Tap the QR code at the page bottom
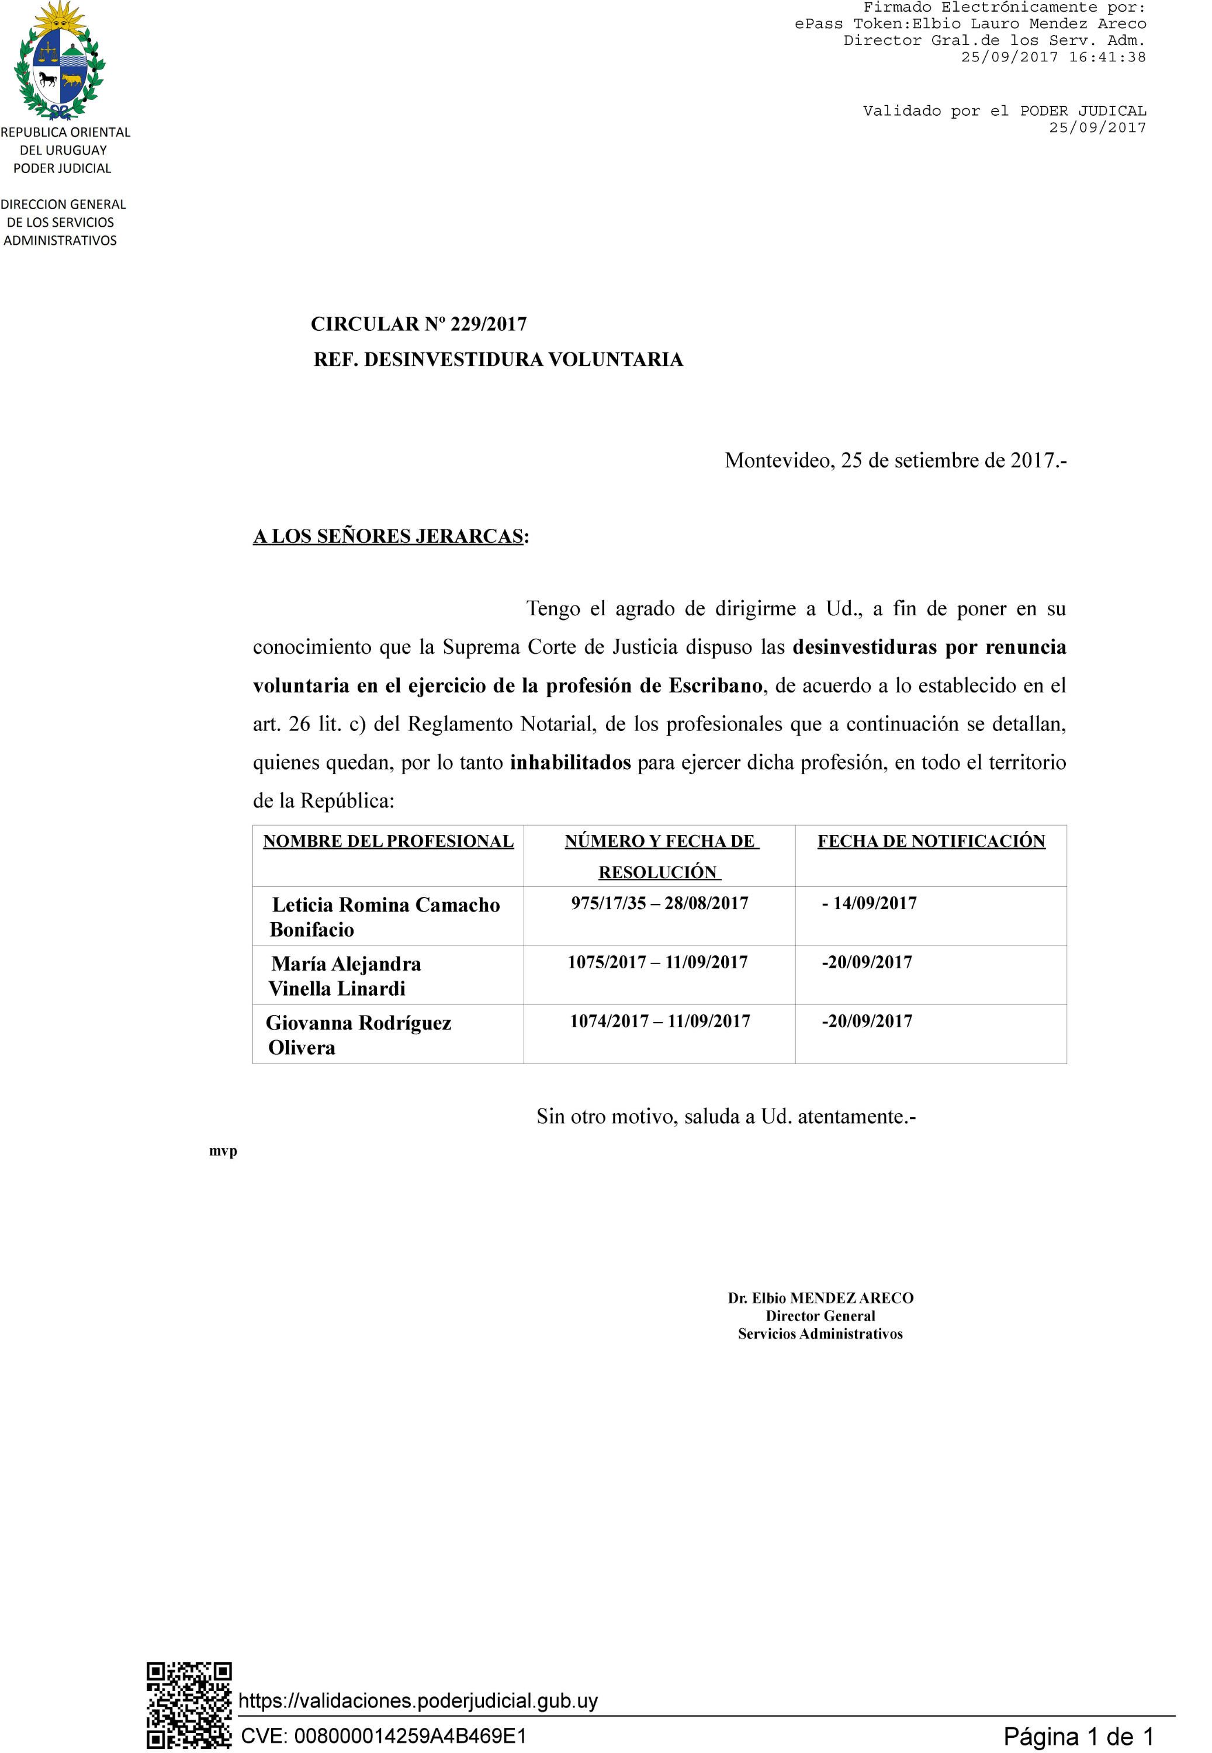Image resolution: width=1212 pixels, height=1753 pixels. click(x=189, y=1705)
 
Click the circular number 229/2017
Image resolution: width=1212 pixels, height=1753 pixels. click(x=418, y=324)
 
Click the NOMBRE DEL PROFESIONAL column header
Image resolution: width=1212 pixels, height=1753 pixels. click(x=388, y=841)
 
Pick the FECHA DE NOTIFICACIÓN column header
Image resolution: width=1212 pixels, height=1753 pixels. click(x=931, y=841)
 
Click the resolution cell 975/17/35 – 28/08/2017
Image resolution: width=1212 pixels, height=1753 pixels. click(x=659, y=903)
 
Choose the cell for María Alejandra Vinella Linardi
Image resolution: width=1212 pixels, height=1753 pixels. click(x=345, y=976)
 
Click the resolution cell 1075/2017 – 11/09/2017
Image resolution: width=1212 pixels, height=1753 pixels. click(x=657, y=962)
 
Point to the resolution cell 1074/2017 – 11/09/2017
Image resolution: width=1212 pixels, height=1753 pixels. click(x=660, y=1021)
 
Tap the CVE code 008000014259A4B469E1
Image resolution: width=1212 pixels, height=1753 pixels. click(x=383, y=1735)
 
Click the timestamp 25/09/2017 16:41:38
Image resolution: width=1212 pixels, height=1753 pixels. click(x=1053, y=57)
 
